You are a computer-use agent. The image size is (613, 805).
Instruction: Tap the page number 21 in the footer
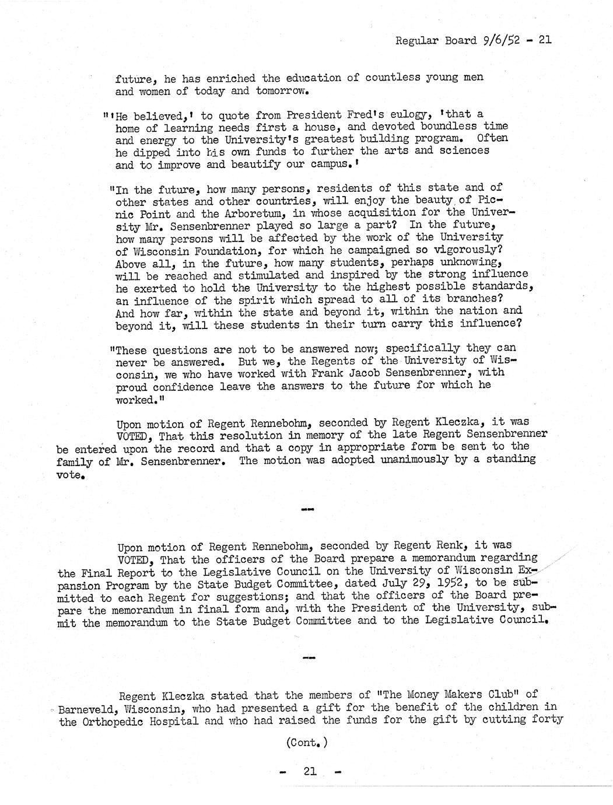310,771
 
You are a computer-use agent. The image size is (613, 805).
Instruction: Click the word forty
548,720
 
